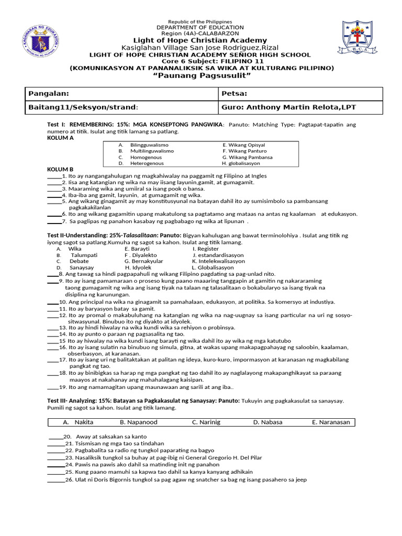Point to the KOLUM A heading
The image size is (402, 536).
click(x=61, y=138)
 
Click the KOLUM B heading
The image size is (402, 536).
click(x=61, y=170)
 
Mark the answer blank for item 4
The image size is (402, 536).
click(x=54, y=195)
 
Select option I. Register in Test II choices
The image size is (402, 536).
click(x=205, y=249)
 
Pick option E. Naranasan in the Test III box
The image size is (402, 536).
click(x=331, y=422)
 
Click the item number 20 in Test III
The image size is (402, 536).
click(x=67, y=437)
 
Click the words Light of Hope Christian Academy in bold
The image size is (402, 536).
click(x=200, y=40)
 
